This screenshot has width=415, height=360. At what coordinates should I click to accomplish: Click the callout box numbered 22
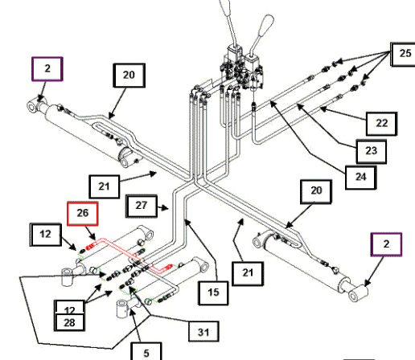[x=382, y=124]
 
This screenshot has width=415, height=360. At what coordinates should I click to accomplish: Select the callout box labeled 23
[x=372, y=151]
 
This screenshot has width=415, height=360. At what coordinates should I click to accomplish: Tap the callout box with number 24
[x=361, y=178]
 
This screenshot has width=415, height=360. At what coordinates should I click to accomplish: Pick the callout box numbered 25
[x=403, y=54]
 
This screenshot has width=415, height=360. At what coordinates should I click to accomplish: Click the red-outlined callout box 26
[x=82, y=214]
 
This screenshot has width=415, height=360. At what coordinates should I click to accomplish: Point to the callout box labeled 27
[x=142, y=206]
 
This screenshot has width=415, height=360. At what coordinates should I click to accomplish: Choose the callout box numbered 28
[x=69, y=322]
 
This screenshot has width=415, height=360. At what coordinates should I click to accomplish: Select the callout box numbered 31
[x=203, y=332]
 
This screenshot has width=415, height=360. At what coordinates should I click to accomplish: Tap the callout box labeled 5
[x=146, y=351]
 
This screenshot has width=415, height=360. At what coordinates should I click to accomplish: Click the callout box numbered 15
[x=213, y=293]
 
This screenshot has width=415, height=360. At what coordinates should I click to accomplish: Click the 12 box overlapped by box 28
[x=69, y=307]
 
